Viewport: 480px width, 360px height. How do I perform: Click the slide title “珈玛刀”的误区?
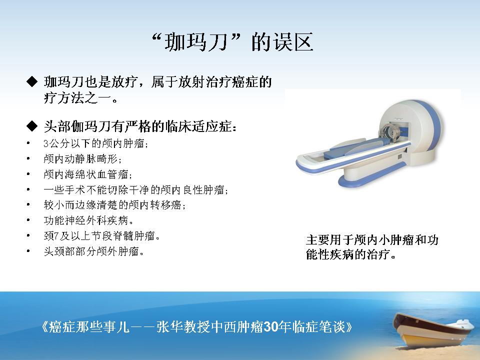pos(232,41)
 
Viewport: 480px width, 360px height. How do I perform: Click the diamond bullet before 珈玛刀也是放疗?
pos(32,81)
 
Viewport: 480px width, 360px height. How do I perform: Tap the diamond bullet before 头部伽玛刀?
pos(32,126)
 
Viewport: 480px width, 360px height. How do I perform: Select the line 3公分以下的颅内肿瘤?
pos(96,143)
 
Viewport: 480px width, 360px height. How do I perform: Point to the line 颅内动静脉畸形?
pos(82,158)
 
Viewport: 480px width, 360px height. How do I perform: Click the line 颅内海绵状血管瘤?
pos(88,174)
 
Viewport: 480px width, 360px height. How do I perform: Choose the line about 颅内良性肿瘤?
pos(136,190)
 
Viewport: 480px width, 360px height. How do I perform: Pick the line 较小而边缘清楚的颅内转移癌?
pos(114,205)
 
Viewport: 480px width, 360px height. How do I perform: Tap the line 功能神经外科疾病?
pos(89,220)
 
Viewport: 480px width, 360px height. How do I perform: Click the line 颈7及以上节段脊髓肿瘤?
pos(101,235)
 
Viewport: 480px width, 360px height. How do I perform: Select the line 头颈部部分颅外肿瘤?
pos(93,251)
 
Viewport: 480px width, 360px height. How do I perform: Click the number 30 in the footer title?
pos(270,327)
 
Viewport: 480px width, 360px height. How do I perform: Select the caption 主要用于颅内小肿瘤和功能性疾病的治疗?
pos(372,246)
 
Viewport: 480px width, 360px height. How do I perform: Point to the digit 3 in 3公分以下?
pos(46,143)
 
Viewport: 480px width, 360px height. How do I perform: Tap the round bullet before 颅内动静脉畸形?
pos(28,158)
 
